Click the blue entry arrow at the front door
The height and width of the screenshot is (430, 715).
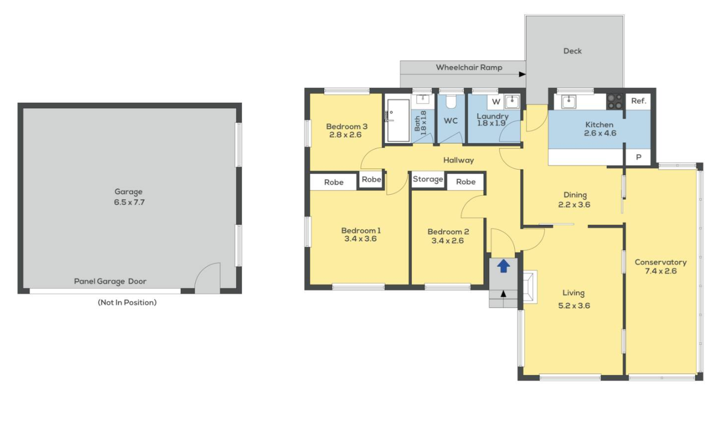coord(503,266)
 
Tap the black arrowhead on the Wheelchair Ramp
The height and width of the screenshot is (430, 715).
coord(522,74)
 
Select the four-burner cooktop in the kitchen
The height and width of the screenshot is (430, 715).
coord(615,102)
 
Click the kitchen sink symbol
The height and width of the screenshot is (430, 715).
coord(569,102)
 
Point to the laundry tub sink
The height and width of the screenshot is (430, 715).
coord(512,102)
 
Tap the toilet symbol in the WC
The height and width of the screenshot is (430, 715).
coord(451,102)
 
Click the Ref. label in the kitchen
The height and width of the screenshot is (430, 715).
coord(638,101)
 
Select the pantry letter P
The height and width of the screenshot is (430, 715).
coord(638,157)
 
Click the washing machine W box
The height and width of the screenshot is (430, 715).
coord(496,102)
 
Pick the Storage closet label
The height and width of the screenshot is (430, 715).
coord(427,179)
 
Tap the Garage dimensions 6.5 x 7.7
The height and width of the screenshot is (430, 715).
coord(129,202)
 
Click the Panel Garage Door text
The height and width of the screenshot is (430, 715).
coord(110,281)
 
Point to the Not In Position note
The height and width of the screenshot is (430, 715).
coord(127,303)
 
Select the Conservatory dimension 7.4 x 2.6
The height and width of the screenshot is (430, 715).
coord(661,271)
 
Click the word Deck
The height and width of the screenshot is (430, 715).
coord(572,51)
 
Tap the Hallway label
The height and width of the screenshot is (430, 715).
coord(459,160)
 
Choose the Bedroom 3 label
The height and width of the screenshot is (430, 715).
coord(347,126)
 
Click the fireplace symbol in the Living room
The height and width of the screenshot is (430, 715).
coord(530,287)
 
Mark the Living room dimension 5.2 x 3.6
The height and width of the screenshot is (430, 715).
coord(574,306)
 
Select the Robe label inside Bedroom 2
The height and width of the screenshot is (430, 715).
coord(466,182)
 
